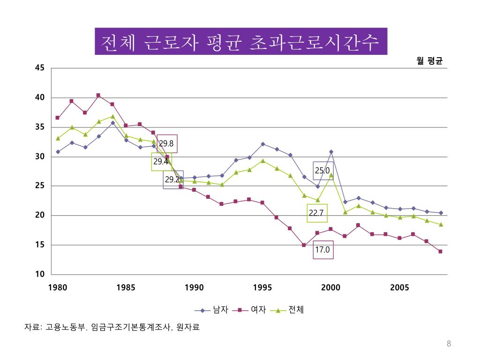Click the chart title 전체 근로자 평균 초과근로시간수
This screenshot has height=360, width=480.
coord(241,42)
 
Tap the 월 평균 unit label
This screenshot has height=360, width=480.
coord(429,61)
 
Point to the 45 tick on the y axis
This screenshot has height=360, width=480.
coord(39,68)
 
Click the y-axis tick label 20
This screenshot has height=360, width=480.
coord(39,216)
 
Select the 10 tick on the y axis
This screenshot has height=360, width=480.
coord(39,274)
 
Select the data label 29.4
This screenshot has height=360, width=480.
coord(161,162)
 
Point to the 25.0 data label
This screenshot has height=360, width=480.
coord(322,171)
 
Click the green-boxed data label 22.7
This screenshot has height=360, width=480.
coord(316,213)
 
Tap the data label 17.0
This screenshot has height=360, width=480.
coord(322,250)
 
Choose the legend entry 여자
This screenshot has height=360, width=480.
coord(258,310)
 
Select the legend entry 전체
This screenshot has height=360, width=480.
coord(296,310)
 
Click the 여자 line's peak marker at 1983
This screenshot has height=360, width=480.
coord(98,95)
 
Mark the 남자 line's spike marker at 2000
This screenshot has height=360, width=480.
coord(331,152)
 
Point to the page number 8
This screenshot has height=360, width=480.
coord(449,345)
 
